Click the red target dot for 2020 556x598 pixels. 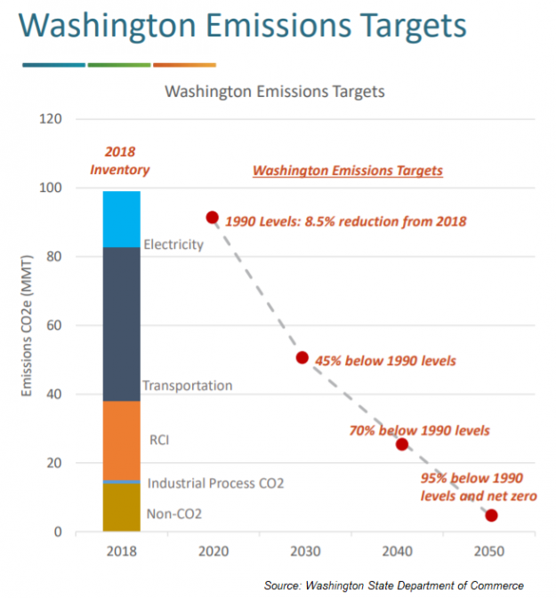point(212,218)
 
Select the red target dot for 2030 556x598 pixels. point(302,357)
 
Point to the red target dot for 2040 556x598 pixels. point(401,444)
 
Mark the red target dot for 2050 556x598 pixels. point(491,515)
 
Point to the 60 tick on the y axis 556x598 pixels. point(54,326)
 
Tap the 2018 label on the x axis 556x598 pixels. point(121,551)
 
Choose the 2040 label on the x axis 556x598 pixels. point(397,551)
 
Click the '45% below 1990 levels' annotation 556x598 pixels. point(384,361)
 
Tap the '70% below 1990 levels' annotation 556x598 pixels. point(420,431)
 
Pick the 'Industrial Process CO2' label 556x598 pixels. point(215,483)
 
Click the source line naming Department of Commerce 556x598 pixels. point(393,585)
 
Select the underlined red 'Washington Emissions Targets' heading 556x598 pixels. point(348,171)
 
